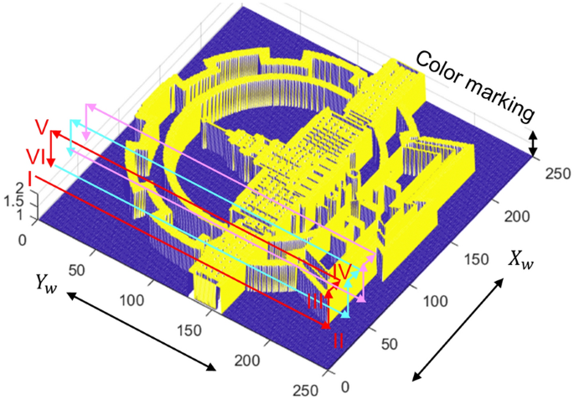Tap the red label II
coord(339,340)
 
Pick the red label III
coord(315,302)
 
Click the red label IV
coord(342,272)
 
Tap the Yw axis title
coord(46,283)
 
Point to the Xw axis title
coord(520,261)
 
